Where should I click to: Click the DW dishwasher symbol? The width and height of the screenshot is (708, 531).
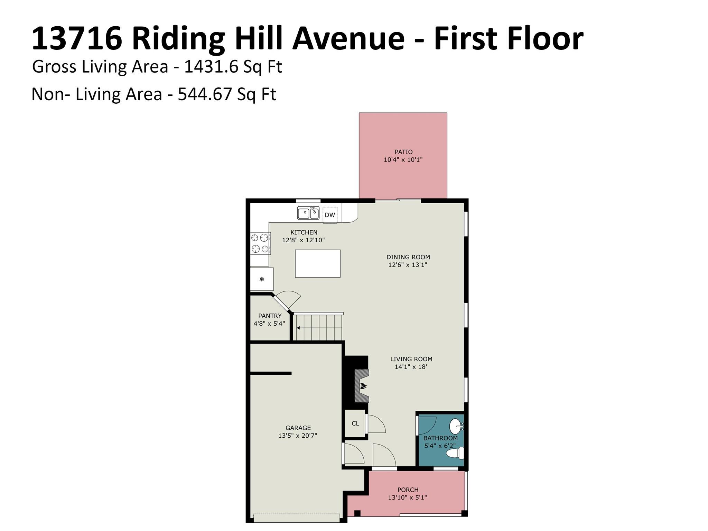point(330,215)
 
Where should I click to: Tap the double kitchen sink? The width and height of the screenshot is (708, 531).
point(308,213)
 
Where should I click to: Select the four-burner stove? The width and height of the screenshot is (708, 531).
point(260,243)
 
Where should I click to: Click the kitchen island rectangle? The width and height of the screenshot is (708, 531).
point(318,263)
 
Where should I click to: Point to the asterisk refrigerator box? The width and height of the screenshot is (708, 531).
point(262,279)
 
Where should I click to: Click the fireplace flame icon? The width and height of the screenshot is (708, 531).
point(363,386)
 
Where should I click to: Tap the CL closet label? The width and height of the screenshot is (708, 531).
point(355,423)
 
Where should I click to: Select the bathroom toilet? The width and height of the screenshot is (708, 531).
point(455,453)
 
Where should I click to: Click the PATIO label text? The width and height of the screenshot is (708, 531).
point(403,152)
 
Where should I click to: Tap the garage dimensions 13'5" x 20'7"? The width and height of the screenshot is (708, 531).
point(298,436)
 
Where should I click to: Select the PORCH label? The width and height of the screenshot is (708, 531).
point(408,490)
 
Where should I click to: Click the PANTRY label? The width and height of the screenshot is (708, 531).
point(270,316)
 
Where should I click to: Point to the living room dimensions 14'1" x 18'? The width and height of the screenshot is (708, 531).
point(411,367)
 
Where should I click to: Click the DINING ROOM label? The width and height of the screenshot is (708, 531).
point(408,257)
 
